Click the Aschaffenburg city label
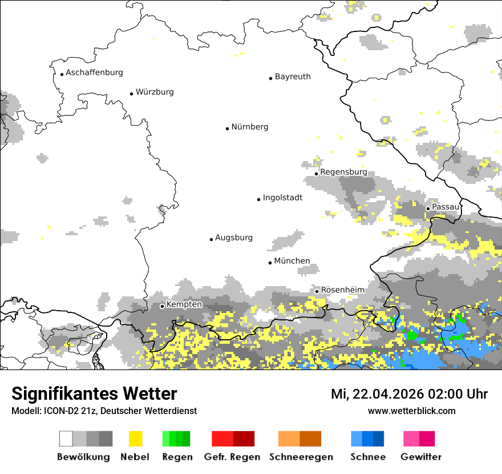tap(94, 73)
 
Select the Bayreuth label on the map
tap(293, 77)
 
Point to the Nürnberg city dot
tap(227, 128)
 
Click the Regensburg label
tap(343, 172)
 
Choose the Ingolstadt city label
tap(282, 198)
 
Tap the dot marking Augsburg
tap(211, 239)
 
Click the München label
tap(292, 261)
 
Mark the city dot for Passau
tap(428, 208)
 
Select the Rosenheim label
tap(342, 290)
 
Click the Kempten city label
tap(184, 304)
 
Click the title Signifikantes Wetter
tap(94, 393)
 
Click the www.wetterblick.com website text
tap(411, 411)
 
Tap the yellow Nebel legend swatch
tap(135, 439)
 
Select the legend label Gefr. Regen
tap(232, 457)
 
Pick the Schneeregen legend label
tap(301, 457)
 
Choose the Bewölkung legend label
tap(83, 457)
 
